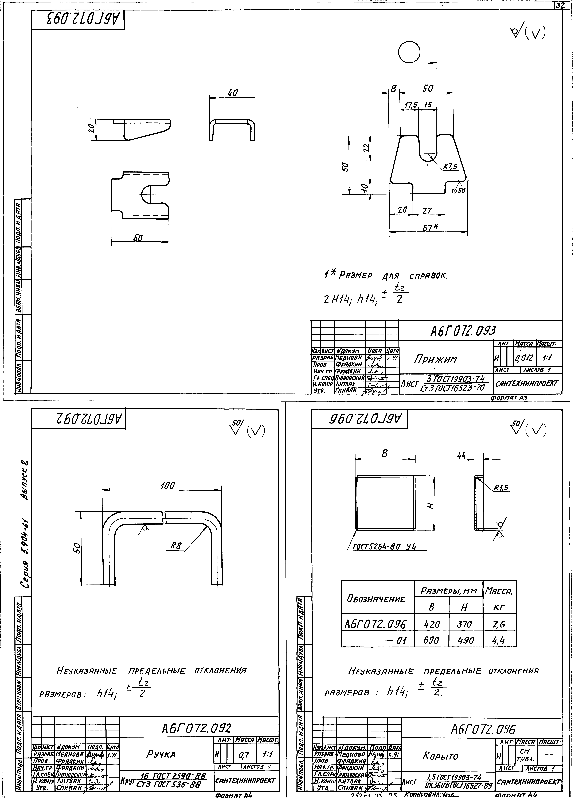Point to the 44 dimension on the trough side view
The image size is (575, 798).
(461, 455)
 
